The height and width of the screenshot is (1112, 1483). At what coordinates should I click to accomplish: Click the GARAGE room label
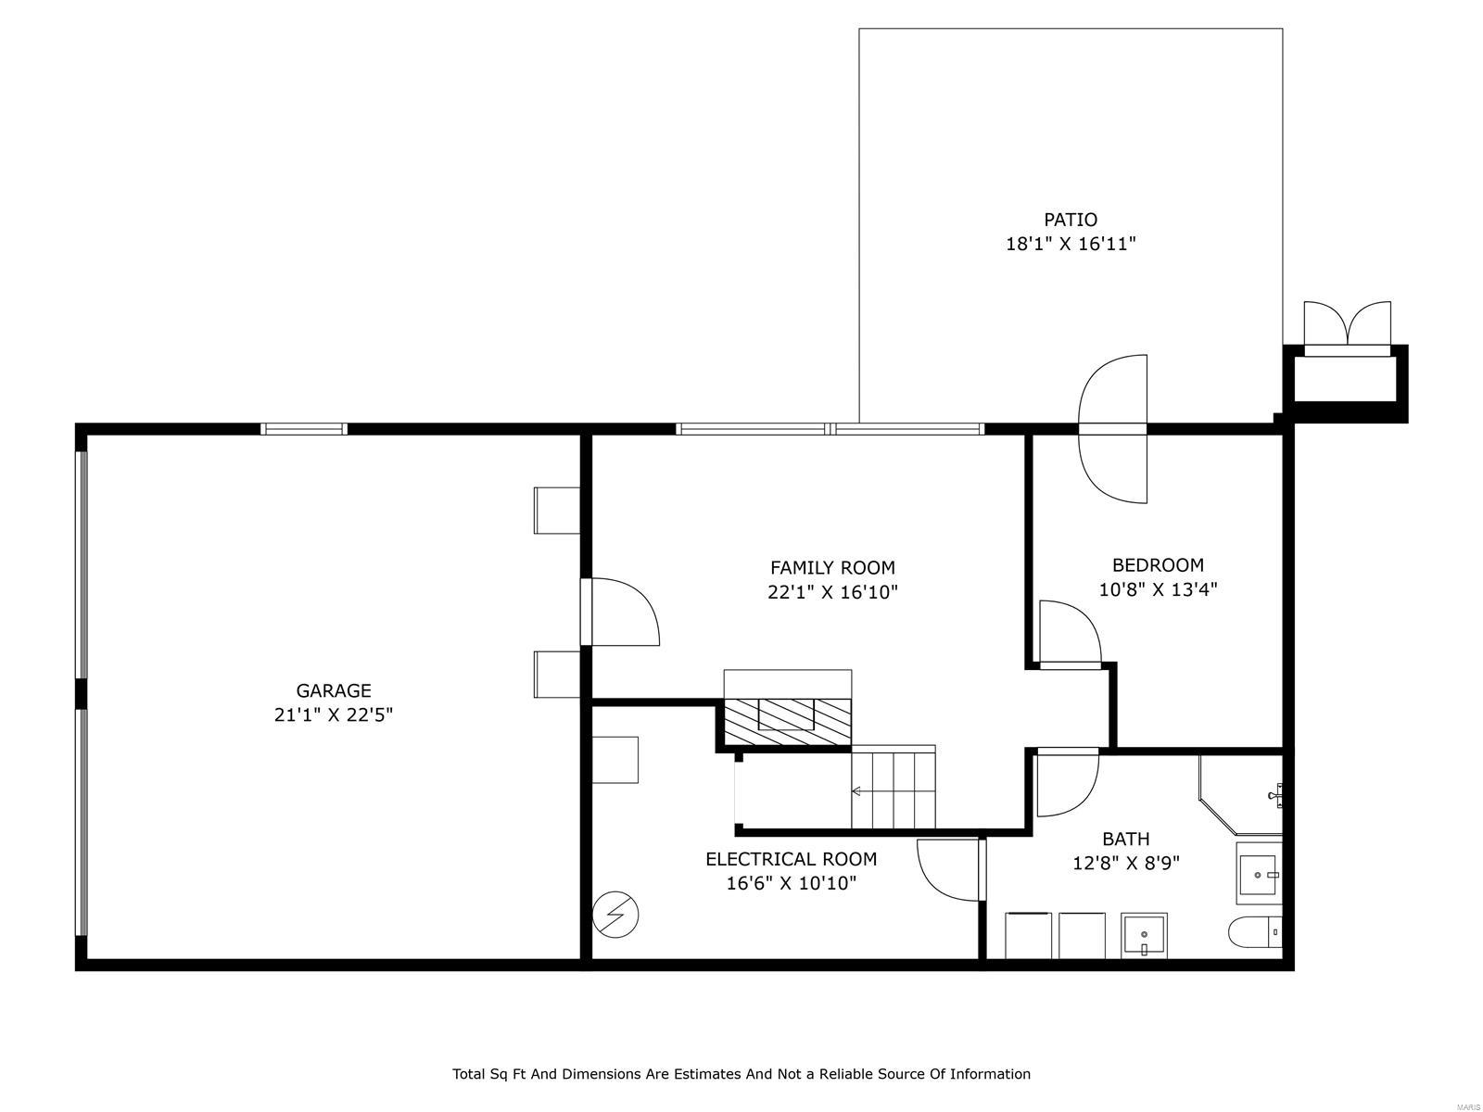point(334,690)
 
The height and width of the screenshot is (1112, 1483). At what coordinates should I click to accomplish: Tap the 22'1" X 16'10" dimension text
point(832,592)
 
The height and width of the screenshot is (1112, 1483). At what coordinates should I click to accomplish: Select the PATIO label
point(1071,220)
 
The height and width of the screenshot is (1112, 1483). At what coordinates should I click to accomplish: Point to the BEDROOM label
point(1158,565)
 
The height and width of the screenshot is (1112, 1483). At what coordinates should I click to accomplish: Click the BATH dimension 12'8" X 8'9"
point(1125,864)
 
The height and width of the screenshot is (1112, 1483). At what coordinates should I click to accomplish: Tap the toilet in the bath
point(1254,931)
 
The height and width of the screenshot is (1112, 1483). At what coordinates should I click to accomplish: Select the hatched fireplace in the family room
point(787,721)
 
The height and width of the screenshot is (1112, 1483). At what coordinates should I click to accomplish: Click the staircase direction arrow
point(856,791)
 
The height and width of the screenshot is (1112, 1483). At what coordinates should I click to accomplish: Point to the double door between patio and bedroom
point(1113,429)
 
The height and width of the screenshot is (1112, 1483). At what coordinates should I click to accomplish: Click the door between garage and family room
point(619,612)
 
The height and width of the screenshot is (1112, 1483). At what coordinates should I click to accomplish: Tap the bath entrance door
point(1066,783)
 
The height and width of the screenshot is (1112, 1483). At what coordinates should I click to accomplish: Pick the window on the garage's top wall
point(303,429)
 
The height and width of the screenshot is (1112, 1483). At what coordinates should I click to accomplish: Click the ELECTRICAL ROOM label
point(791,859)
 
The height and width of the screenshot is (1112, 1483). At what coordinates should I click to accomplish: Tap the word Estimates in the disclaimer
point(707,1074)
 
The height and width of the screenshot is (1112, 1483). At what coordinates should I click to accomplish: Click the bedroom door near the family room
point(1070,635)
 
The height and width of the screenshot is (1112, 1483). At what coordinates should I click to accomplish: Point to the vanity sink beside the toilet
point(1259,874)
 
